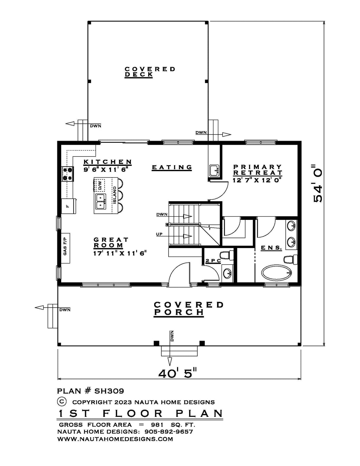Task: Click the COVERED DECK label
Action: coord(150,72)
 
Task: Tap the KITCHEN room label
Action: coord(108,162)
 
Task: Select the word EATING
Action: coord(172,167)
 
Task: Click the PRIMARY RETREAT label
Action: coord(257,170)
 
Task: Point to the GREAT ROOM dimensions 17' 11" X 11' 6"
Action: coord(120,253)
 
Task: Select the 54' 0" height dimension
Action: coord(318,186)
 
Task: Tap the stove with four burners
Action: coord(67,174)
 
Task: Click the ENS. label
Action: coord(271,248)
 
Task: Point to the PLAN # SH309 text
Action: coord(91,391)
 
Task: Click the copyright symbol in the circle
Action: coord(62,401)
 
